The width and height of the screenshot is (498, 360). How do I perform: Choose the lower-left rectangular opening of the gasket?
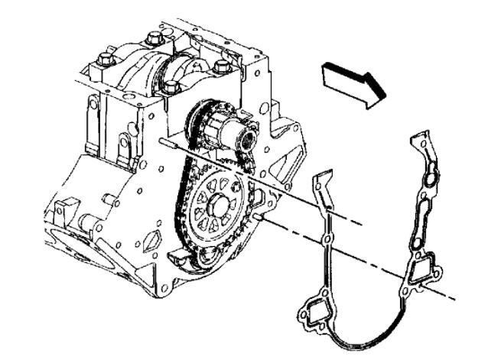[313, 314]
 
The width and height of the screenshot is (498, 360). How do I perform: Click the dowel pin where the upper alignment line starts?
[164, 141]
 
